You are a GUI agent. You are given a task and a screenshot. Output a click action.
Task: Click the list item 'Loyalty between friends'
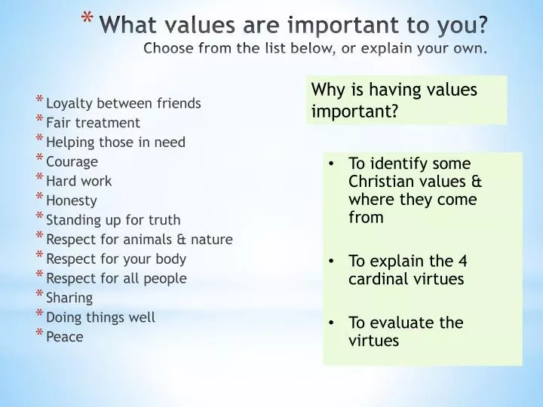click(x=123, y=103)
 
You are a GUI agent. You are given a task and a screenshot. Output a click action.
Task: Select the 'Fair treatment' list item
click(x=93, y=122)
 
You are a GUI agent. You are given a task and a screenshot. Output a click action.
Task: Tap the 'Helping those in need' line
click(x=115, y=142)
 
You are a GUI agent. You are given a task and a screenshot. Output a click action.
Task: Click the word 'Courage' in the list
click(x=72, y=161)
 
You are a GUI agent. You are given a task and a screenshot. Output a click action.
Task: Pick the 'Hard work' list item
click(x=78, y=181)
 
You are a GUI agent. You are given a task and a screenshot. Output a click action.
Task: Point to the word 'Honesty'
click(x=72, y=200)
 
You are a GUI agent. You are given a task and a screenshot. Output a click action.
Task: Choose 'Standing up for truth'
click(x=113, y=220)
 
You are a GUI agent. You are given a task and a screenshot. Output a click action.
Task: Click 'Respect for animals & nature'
click(x=139, y=240)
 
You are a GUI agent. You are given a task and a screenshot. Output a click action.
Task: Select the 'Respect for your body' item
click(x=116, y=259)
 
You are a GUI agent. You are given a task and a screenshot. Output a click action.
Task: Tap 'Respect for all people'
click(x=116, y=278)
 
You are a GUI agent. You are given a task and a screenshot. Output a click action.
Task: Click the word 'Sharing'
click(x=69, y=298)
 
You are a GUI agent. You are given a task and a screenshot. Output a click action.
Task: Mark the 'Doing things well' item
click(x=100, y=317)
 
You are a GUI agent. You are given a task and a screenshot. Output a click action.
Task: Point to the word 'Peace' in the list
click(x=65, y=337)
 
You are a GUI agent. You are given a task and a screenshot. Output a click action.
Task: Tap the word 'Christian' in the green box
click(x=380, y=182)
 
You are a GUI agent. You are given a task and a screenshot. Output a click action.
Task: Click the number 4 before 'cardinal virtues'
click(x=463, y=261)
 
